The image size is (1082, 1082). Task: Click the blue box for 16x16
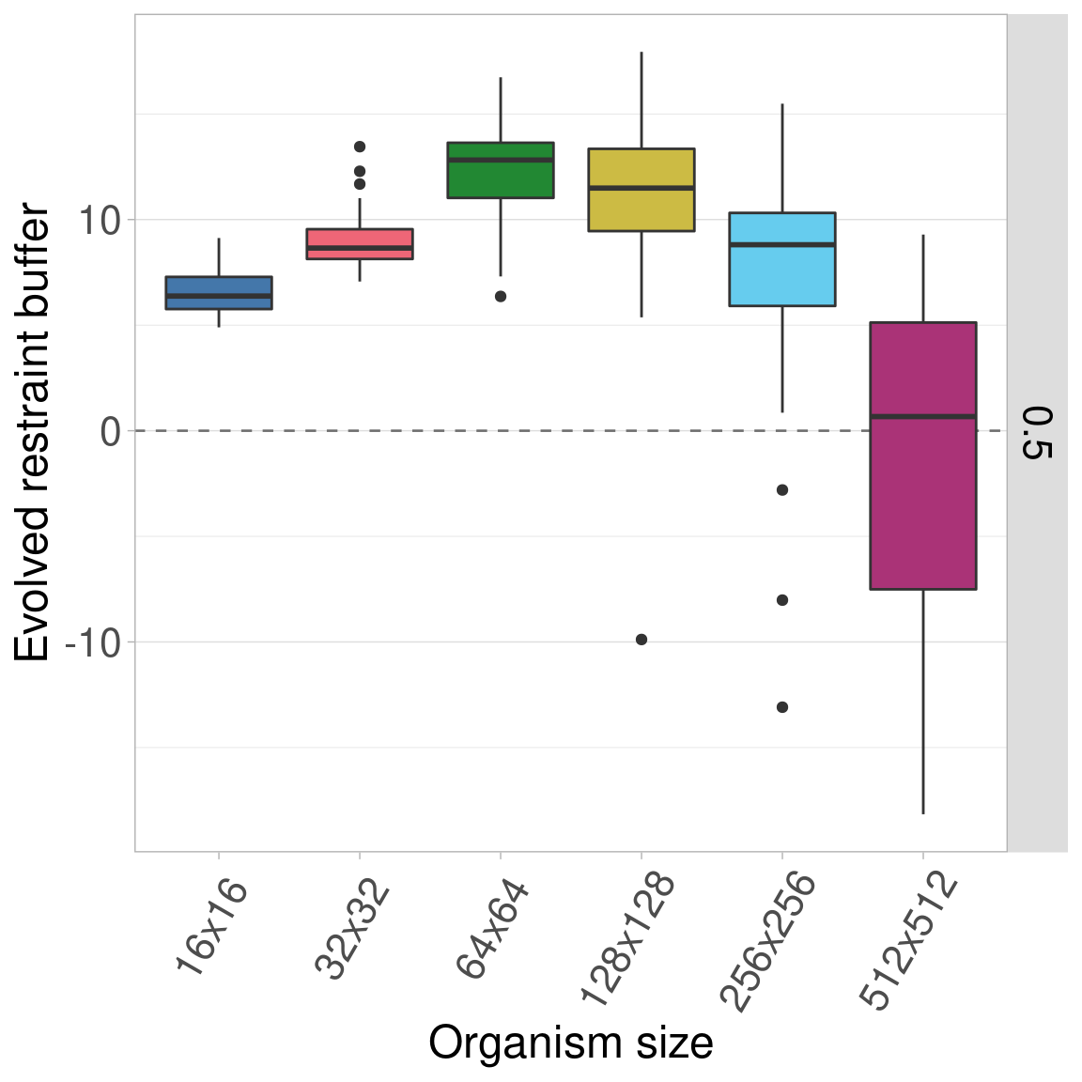(219, 292)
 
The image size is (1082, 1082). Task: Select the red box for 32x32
(360, 243)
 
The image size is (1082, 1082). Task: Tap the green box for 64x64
(501, 170)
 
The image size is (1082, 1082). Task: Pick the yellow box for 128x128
(641, 190)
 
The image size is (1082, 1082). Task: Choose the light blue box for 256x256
(782, 259)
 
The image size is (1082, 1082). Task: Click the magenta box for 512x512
(923, 456)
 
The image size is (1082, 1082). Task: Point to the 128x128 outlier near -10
(641, 640)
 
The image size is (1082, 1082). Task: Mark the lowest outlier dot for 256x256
(782, 707)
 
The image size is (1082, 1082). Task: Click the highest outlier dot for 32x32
(360, 147)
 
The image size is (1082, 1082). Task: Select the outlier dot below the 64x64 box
(501, 297)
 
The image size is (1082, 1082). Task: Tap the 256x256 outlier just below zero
(782, 490)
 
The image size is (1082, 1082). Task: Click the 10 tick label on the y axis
(100, 221)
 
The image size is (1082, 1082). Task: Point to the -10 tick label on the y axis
(92, 642)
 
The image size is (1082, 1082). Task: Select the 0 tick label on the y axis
(111, 432)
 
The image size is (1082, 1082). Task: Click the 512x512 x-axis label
(910, 941)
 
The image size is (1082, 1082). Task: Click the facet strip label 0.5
(1038, 433)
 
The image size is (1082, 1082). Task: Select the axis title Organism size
(571, 1043)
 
